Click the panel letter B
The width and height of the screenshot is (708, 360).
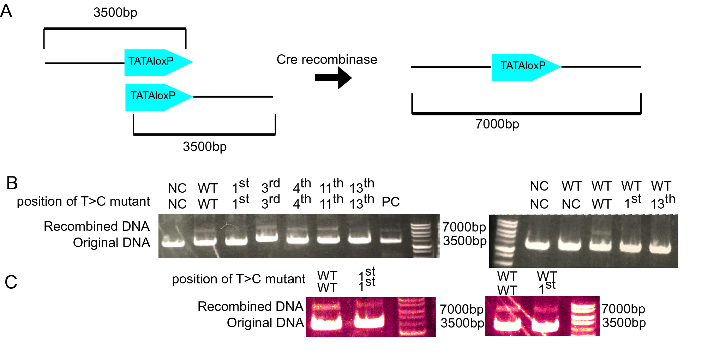(12, 183)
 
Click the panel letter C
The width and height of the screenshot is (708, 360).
(11, 282)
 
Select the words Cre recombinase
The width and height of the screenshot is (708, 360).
(326, 59)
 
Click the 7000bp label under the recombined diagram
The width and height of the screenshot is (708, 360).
(497, 124)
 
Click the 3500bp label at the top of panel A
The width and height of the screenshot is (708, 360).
(115, 12)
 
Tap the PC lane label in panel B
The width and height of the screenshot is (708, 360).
(391, 202)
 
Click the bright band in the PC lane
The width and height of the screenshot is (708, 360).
(391, 240)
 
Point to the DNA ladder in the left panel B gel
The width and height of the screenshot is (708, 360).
(421, 236)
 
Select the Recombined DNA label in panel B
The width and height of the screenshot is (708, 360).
(96, 226)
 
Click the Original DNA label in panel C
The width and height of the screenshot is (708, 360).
(265, 323)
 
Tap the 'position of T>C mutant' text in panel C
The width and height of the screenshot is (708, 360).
(238, 279)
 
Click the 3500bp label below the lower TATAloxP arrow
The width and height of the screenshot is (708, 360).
(205, 146)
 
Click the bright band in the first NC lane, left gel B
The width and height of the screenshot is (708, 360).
(173, 243)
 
